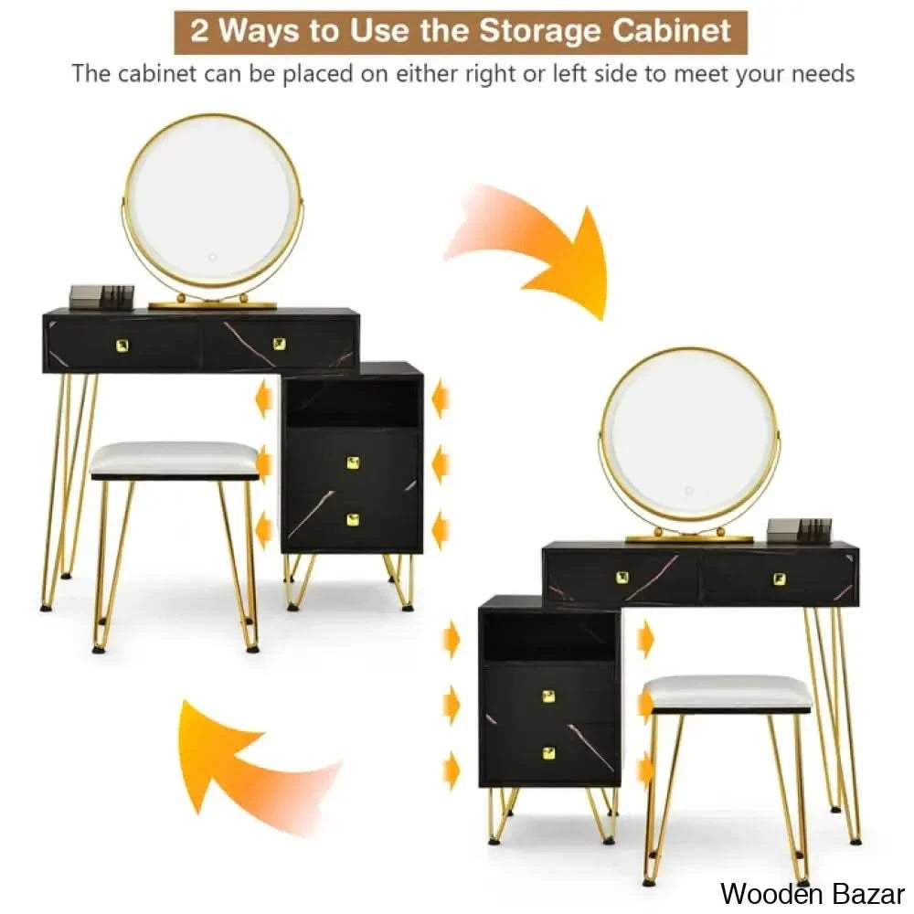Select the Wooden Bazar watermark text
point(812,893)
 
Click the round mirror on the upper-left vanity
point(213,201)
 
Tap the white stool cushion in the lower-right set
point(727,692)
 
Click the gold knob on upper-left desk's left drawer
point(122,345)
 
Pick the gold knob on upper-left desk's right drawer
point(280,344)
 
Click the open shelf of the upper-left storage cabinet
point(352,402)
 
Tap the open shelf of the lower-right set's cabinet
point(549,635)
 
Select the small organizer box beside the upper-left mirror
point(101,296)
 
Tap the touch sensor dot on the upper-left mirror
point(213,257)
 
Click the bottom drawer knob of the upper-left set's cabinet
point(353,519)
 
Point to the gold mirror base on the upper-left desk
point(212,304)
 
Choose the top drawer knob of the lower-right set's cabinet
point(548,696)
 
